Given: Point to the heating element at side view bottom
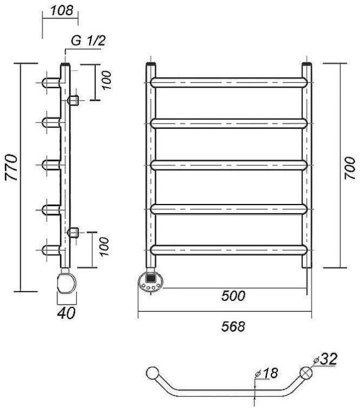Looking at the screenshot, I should [x=66, y=282].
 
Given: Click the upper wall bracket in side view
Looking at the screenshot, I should [x=74, y=100].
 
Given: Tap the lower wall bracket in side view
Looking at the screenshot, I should [x=74, y=233].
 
